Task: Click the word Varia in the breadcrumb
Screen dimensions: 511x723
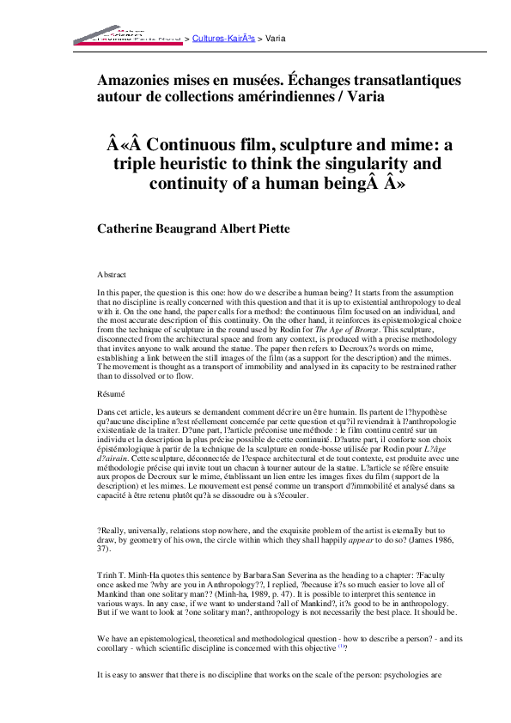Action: point(276,39)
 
